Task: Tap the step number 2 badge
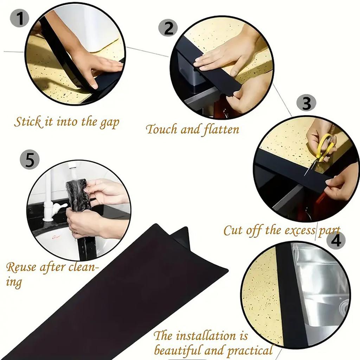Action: (168, 28)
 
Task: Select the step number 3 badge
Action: (307, 104)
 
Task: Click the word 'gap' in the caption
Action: (109, 123)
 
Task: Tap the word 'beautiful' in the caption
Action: (180, 350)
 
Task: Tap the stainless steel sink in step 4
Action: (323, 288)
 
